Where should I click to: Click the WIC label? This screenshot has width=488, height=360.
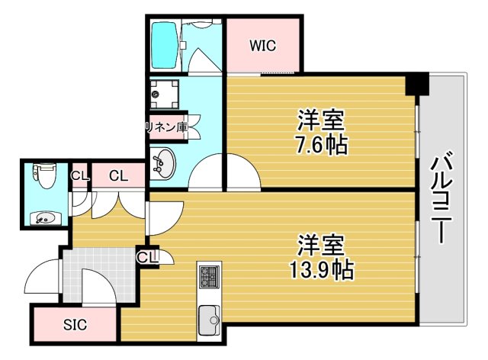[262, 45]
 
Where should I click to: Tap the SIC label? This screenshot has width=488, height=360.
[75, 325]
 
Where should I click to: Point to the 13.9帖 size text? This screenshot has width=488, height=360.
[321, 269]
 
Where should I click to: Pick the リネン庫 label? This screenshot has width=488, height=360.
[166, 127]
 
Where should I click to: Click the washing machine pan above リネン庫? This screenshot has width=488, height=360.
[164, 95]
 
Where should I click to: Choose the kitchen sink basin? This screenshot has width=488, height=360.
[208, 318]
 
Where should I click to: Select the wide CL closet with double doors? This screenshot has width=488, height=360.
[118, 176]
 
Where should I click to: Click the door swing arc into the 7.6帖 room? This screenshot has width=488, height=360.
[243, 172]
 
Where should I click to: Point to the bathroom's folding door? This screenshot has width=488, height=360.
[201, 57]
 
